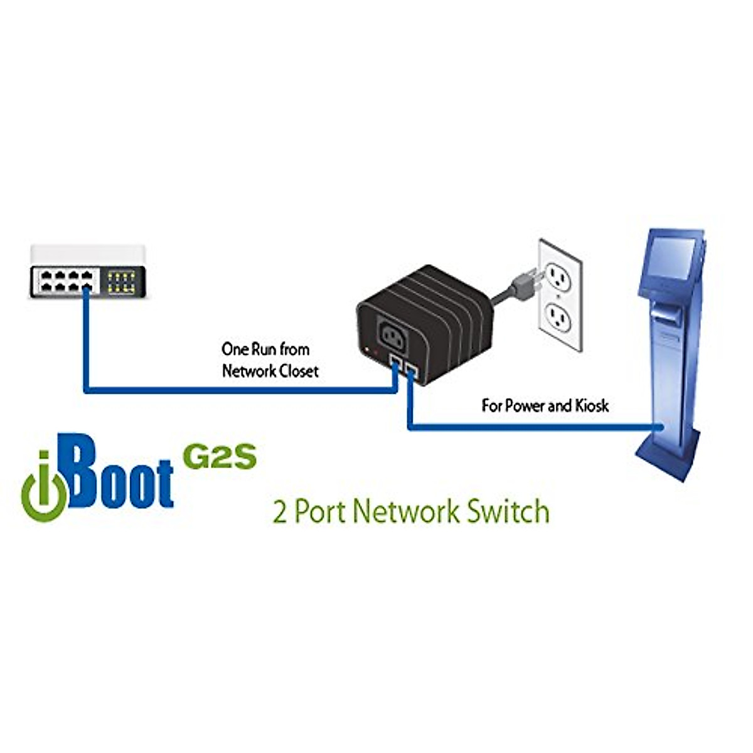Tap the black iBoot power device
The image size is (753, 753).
pyautogui.click(x=417, y=314)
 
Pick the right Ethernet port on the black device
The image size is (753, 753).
pyautogui.click(x=413, y=371)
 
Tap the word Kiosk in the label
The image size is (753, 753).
pyautogui.click(x=592, y=405)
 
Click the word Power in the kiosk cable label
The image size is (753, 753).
pyautogui.click(x=525, y=405)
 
